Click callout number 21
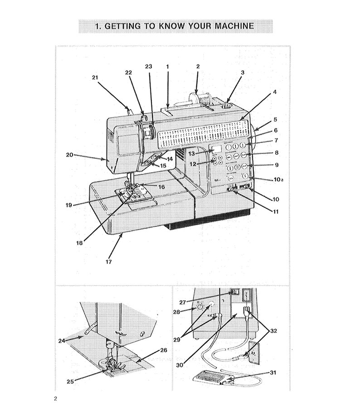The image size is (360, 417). point(95,78)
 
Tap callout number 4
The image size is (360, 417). point(274,92)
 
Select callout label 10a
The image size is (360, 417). point(278,180)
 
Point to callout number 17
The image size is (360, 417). point(109,261)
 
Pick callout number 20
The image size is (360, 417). point(69,155)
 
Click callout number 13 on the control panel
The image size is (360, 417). point(192,154)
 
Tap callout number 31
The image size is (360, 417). point(273,373)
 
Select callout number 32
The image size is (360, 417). point(273,331)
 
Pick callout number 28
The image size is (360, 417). point(177,312)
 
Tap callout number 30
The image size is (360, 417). point(180,364)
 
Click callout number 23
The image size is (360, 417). point(148,66)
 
